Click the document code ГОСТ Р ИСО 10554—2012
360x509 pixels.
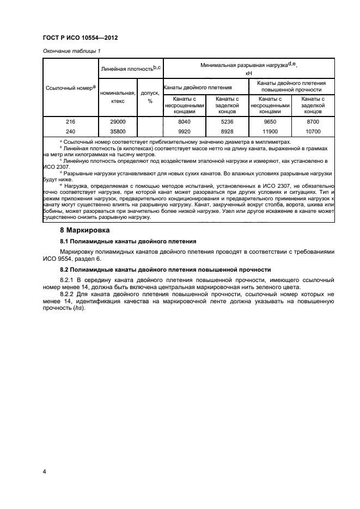[x=81, y=38]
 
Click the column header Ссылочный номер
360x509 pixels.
[x=70, y=87]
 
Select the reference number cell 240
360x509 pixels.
[x=70, y=131]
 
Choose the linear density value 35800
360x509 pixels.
[x=117, y=131]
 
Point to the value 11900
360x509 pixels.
[x=270, y=131]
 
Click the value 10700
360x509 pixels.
[x=313, y=131]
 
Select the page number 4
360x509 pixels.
[x=44, y=471]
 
